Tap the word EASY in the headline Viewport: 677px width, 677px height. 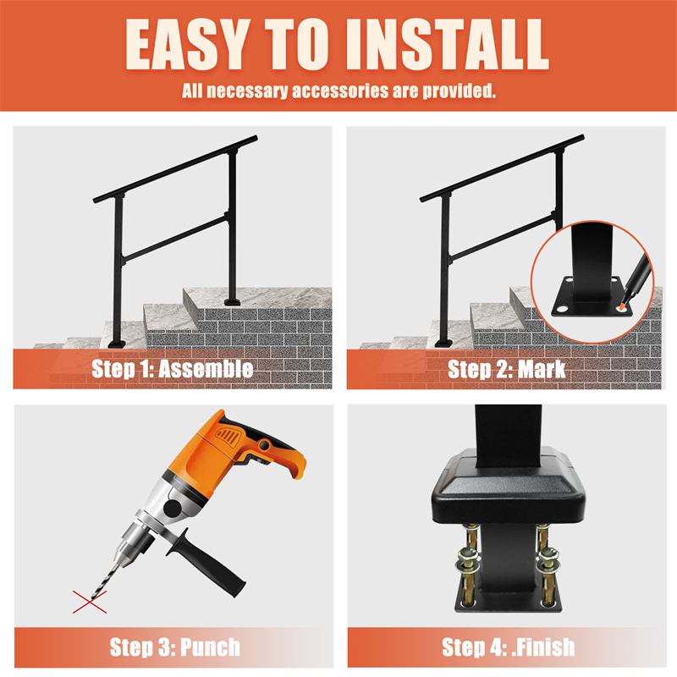(x=187, y=45)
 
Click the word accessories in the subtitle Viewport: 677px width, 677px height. (x=340, y=91)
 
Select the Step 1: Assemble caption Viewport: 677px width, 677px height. (x=173, y=369)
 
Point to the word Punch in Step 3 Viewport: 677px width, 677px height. (x=210, y=647)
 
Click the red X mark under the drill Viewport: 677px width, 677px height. (x=90, y=602)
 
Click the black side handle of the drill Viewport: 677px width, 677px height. (x=207, y=564)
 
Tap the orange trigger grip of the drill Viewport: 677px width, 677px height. (x=277, y=454)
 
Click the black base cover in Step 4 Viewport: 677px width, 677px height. (x=509, y=488)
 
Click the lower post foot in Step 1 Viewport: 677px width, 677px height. (x=117, y=344)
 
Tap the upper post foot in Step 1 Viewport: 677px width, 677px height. (x=232, y=302)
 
